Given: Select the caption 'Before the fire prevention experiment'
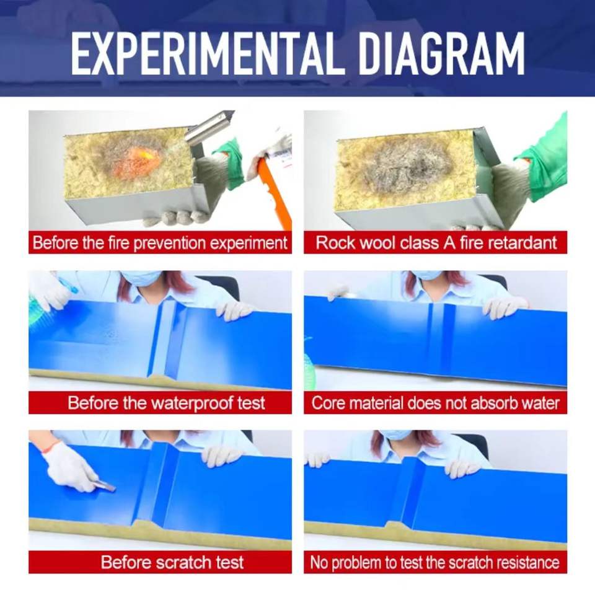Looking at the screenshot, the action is point(160,243).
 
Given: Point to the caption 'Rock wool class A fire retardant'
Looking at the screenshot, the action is point(436,243).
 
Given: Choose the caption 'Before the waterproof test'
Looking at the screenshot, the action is point(166,403).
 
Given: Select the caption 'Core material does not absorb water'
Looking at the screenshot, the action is point(435,403).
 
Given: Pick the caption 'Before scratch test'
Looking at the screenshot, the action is point(172,562).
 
